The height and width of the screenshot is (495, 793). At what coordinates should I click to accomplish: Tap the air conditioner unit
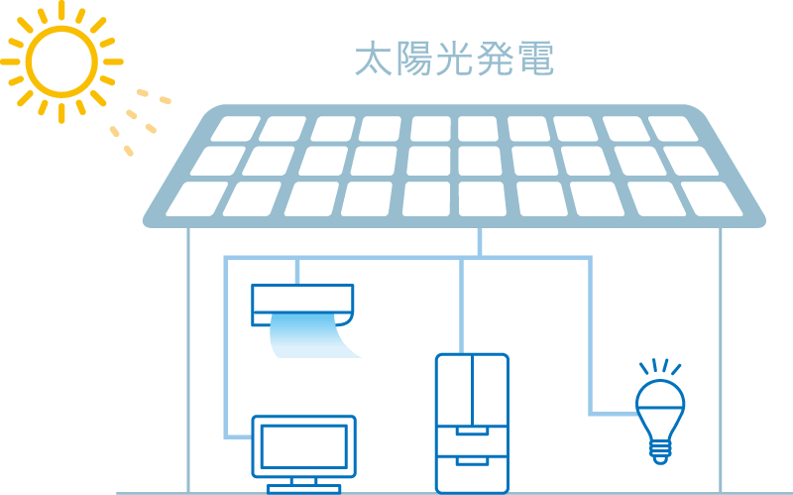[x=302, y=302]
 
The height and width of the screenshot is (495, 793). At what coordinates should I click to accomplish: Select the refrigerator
[x=472, y=423]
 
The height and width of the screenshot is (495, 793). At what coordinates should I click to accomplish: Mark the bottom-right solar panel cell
[x=711, y=198]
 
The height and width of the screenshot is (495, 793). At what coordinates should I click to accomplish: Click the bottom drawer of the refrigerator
[x=472, y=473]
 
